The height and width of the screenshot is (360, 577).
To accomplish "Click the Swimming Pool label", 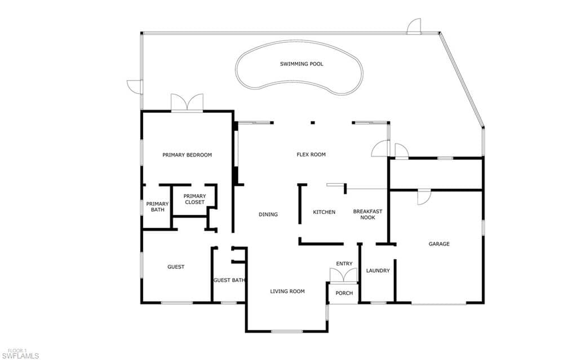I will point(301,64).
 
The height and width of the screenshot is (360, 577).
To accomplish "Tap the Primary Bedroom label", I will point(187,155).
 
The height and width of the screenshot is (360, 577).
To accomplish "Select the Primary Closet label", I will point(194,199).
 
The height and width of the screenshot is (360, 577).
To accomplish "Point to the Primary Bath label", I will point(157,207).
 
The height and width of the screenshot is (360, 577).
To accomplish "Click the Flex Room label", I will point(311,154).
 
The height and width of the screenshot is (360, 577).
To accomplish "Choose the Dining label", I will point(268,214).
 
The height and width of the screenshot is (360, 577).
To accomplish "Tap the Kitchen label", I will point(324,212).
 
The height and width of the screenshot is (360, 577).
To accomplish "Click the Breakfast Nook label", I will point(367,214).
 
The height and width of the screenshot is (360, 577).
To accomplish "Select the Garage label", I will point(439,244).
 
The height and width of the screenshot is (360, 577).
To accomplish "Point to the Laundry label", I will point(378,270).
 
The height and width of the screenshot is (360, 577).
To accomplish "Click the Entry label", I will point(344,264).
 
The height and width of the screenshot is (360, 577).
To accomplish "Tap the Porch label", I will point(344,293).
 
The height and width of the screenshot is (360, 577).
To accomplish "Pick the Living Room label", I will point(287,291).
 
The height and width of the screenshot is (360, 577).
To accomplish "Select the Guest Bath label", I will point(229,280).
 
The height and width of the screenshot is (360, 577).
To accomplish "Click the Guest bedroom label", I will point(176,267).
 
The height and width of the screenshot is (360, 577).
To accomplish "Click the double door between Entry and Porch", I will point(343,275).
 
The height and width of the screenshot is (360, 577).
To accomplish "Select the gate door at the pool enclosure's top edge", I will point(414,26).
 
